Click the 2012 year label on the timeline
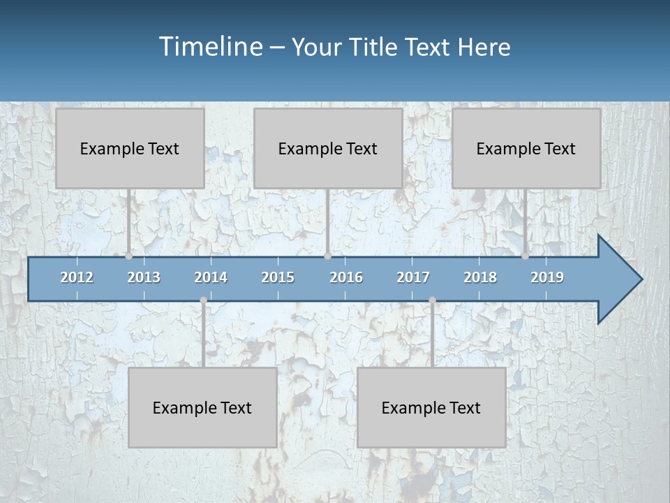[77, 277]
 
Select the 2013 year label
[144, 277]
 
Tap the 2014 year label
[211, 277]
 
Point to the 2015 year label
[278, 277]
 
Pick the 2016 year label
[346, 277]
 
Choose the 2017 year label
[413, 277]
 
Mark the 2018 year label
[480, 277]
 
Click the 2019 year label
[547, 277]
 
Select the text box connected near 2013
[130, 148]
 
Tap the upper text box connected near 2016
[328, 148]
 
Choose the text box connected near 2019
[526, 148]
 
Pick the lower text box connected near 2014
[202, 407]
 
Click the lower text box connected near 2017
[431, 407]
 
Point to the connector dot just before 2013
[129, 256]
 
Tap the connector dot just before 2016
[327, 256]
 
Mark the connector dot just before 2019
[525, 256]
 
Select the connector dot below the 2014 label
[203, 300]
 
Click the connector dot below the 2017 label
[432, 300]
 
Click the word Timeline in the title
[210, 46]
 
